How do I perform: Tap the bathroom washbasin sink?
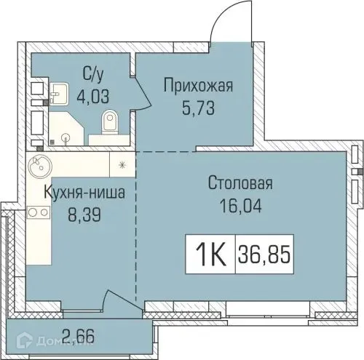coord(58,93)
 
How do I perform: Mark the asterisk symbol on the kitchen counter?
coord(122,163)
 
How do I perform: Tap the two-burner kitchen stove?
coord(38,212)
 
